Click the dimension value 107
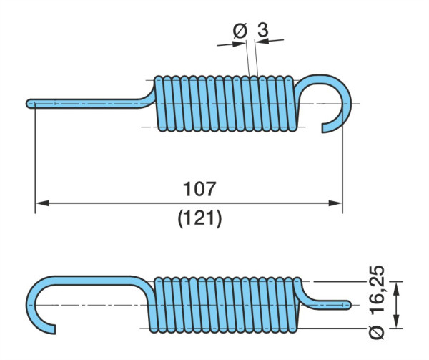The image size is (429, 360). tap(199, 189)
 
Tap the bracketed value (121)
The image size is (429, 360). tap(199, 219)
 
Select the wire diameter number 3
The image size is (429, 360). tap(263, 29)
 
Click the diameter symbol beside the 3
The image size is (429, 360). tap(240, 31)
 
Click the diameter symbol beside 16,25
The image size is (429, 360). tap(377, 332)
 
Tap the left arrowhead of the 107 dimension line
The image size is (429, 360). tap(42, 203)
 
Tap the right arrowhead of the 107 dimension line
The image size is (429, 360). tap(335, 203)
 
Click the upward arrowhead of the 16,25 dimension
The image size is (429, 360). tap(396, 288)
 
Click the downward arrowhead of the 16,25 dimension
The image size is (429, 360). tap(396, 321)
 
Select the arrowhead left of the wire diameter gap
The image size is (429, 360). tap(239, 44)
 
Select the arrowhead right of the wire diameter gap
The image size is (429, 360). tap(262, 41)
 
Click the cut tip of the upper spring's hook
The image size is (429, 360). tap(323, 128)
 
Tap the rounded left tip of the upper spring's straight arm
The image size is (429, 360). tap(28, 104)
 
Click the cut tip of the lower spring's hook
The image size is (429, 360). tap(54, 330)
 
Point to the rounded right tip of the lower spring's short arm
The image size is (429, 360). tap(349, 305)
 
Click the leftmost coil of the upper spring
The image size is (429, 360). tap(159, 104)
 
